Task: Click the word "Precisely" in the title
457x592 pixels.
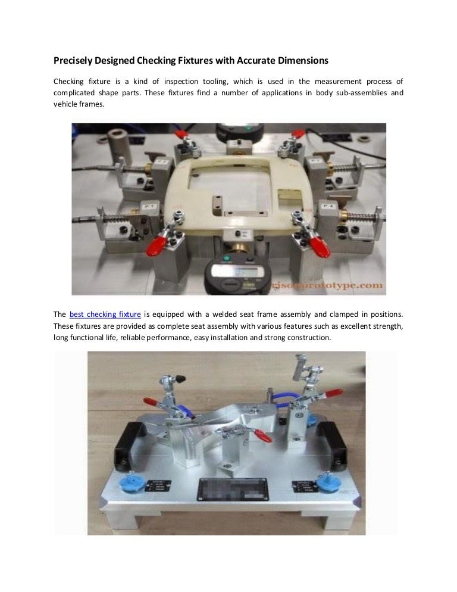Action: pyautogui.click(x=72, y=61)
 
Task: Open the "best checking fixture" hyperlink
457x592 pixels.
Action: pyautogui.click(x=105, y=314)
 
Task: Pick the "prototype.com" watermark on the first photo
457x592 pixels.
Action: pyautogui.click(x=351, y=286)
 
